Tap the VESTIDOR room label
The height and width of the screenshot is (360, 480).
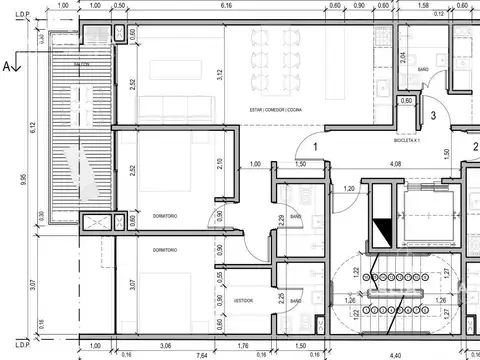point(243,300)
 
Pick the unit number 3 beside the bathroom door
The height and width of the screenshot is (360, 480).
point(432,115)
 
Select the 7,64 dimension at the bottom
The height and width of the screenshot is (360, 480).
point(201,353)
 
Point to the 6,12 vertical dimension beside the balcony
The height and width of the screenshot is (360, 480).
point(33,127)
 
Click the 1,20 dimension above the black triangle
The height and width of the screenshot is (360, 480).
point(349,188)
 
